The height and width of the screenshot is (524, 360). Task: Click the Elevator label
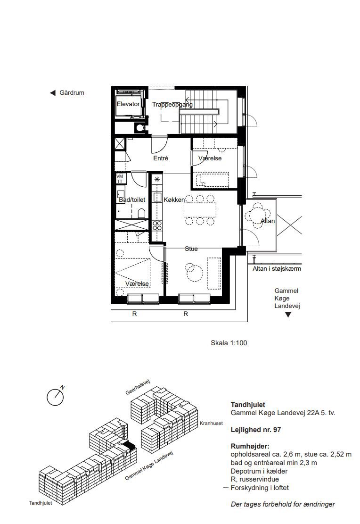128,104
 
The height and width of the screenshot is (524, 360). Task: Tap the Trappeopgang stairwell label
172,105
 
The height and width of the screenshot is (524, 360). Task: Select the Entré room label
161,158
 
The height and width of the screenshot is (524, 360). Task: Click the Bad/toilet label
132,200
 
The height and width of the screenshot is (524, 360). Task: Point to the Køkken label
174,200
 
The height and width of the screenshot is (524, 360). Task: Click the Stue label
191,249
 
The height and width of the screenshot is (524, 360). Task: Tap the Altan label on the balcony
268,221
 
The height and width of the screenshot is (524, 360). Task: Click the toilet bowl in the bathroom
141,213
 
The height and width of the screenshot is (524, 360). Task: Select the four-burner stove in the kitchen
157,225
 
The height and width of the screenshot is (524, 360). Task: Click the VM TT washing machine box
120,179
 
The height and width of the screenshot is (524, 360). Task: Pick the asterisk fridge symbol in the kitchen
157,179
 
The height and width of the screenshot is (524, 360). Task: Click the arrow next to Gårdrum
52,93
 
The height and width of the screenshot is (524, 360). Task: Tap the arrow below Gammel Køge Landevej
288,315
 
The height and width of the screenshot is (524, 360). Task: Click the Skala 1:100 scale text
229,343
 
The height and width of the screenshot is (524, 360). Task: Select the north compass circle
55,397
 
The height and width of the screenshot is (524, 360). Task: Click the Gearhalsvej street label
138,387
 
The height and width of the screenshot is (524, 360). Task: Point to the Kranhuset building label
212,423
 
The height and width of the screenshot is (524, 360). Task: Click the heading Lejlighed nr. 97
256,430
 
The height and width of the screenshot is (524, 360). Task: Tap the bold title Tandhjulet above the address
248,405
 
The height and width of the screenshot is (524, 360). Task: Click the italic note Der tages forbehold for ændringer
283,504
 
